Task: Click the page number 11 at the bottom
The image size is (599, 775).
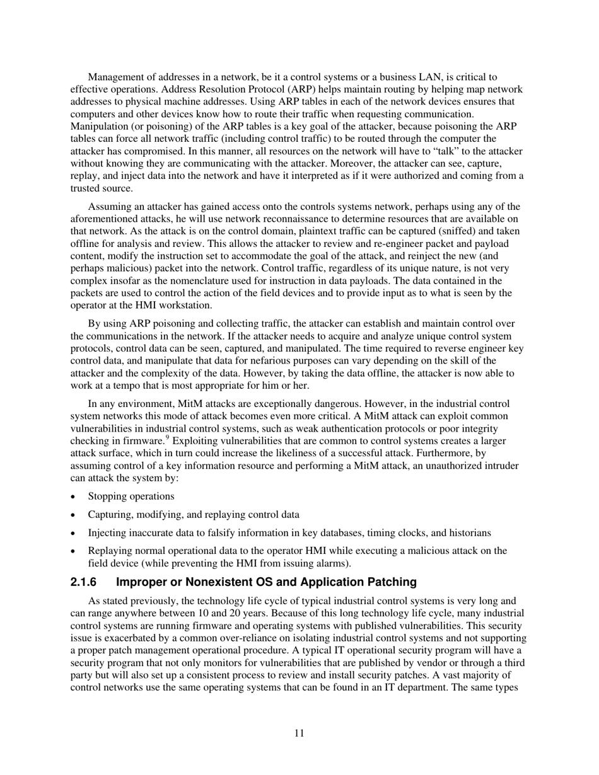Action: click(299, 733)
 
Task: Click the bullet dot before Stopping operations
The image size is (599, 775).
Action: click(74, 497)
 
